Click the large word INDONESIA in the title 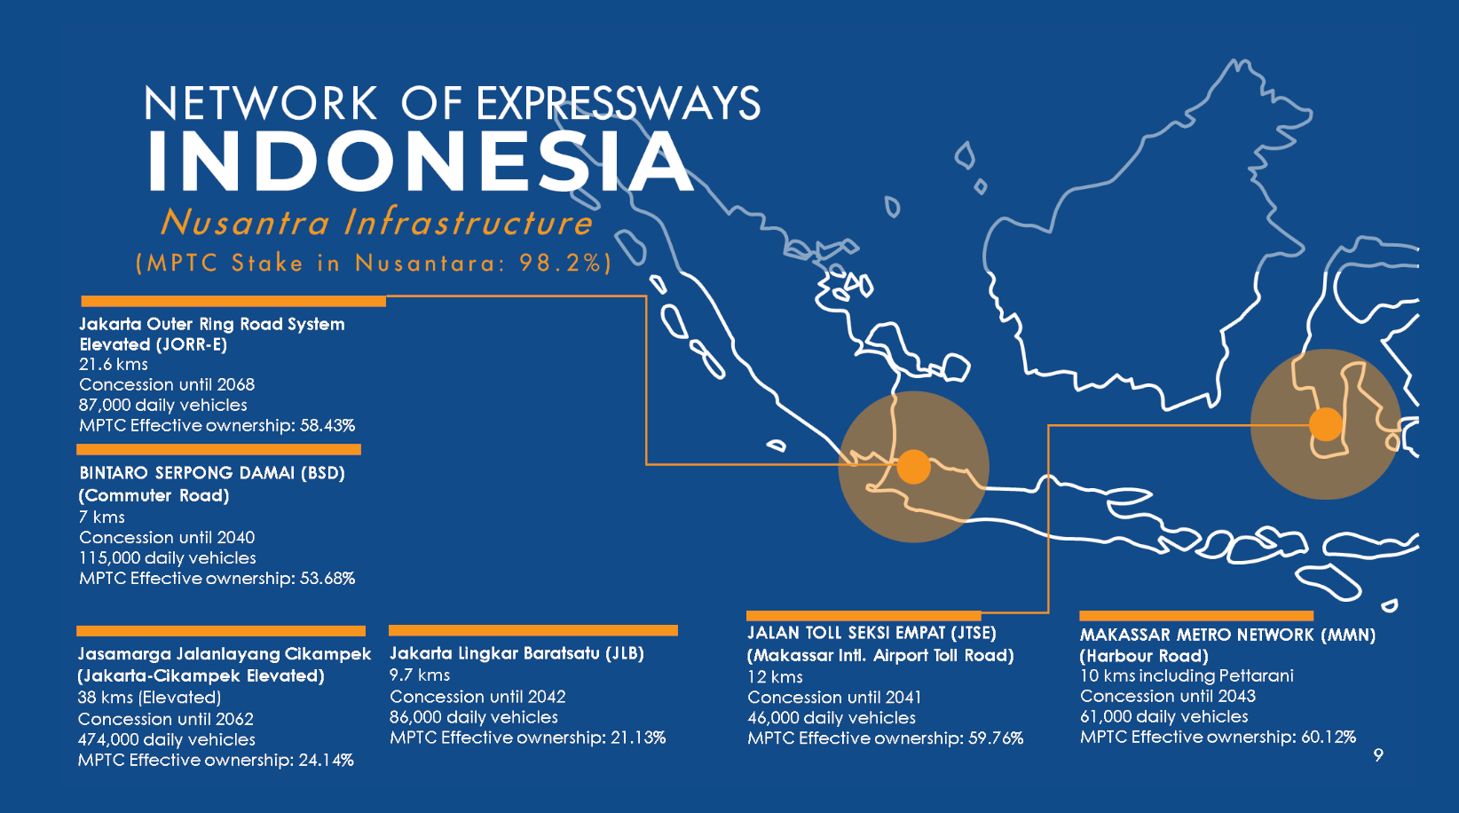pos(421,161)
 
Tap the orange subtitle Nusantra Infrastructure pos(376,222)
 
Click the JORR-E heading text pos(212,334)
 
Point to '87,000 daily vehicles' pos(162,406)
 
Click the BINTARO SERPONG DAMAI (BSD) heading pos(212,473)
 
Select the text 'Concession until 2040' pos(167,538)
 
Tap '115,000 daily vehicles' pos(168,558)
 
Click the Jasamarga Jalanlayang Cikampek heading pos(224,653)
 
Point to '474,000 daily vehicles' pos(166,739)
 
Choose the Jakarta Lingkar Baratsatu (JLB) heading pos(517,653)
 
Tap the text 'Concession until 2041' pos(834,698)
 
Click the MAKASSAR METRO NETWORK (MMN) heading pos(1227,635)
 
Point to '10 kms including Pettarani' pos(1187,675)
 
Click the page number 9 pos(1378,755)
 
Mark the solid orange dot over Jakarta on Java pos(914,467)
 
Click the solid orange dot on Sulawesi pos(1326,425)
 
